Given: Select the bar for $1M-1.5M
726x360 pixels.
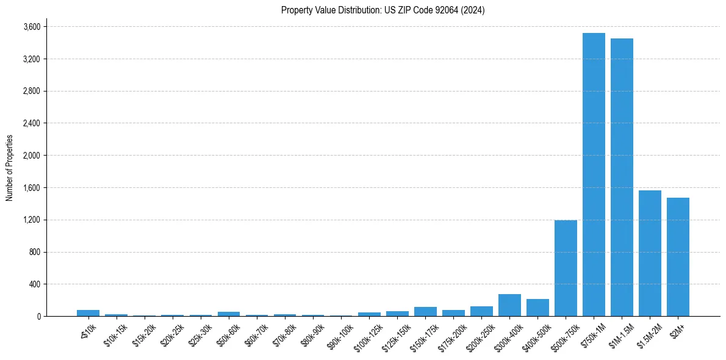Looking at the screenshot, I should coord(622,177).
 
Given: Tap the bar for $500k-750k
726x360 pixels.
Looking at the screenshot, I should coord(566,268).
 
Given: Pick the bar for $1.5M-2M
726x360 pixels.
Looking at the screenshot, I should coord(650,253).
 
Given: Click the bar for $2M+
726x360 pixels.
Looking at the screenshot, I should coord(678,257).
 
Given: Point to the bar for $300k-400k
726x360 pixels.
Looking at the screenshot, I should coord(509,305).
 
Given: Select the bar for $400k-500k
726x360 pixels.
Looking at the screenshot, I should coord(537,308).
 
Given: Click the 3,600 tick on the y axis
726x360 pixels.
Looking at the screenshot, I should coord(32,27).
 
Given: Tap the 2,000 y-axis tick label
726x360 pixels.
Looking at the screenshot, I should coord(32,156).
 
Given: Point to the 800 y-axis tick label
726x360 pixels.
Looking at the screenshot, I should coord(35,252).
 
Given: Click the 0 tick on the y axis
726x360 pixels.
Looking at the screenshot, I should coord(38,316).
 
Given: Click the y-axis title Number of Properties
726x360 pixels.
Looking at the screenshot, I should coord(10,168).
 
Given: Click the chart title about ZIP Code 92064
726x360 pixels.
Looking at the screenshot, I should coord(383,10).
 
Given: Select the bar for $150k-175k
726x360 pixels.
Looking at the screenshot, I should coord(425,312).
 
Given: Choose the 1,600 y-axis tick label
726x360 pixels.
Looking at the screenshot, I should coord(32,188).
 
